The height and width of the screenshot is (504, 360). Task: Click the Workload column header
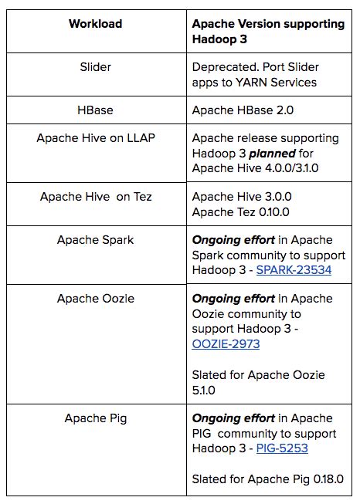(x=95, y=24)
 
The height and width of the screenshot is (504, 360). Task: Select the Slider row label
(x=96, y=66)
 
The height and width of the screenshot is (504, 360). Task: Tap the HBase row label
(x=96, y=110)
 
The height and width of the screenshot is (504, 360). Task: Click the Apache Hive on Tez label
(x=96, y=196)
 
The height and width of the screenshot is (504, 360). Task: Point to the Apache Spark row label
(x=96, y=239)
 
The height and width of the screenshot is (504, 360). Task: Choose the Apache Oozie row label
(x=96, y=298)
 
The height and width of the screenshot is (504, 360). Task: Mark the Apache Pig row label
(x=96, y=418)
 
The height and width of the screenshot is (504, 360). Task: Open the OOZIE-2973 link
(x=225, y=343)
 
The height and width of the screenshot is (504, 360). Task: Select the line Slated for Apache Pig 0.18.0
(x=273, y=479)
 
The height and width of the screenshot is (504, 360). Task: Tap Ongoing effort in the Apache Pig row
(x=233, y=418)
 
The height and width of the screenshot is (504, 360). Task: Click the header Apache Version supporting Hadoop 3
(x=267, y=32)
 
